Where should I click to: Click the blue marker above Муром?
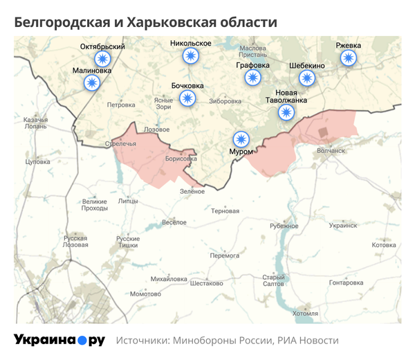point(241,138)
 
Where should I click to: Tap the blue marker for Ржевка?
point(348,59)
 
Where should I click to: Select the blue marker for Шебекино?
point(307,78)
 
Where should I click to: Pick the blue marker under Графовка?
point(252,78)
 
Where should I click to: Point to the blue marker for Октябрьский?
point(103,59)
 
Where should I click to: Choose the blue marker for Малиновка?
point(91,82)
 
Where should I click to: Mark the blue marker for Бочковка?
point(187,98)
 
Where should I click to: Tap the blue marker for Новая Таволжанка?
point(285,111)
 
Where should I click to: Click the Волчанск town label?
point(330,150)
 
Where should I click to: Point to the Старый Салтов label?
point(273,280)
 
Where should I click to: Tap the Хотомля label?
point(305,313)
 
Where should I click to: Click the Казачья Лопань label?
point(35,123)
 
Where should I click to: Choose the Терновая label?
point(225,210)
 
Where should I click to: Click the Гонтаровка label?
point(346,282)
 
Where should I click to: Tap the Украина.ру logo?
point(59,341)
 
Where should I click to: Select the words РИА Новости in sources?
point(308,341)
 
